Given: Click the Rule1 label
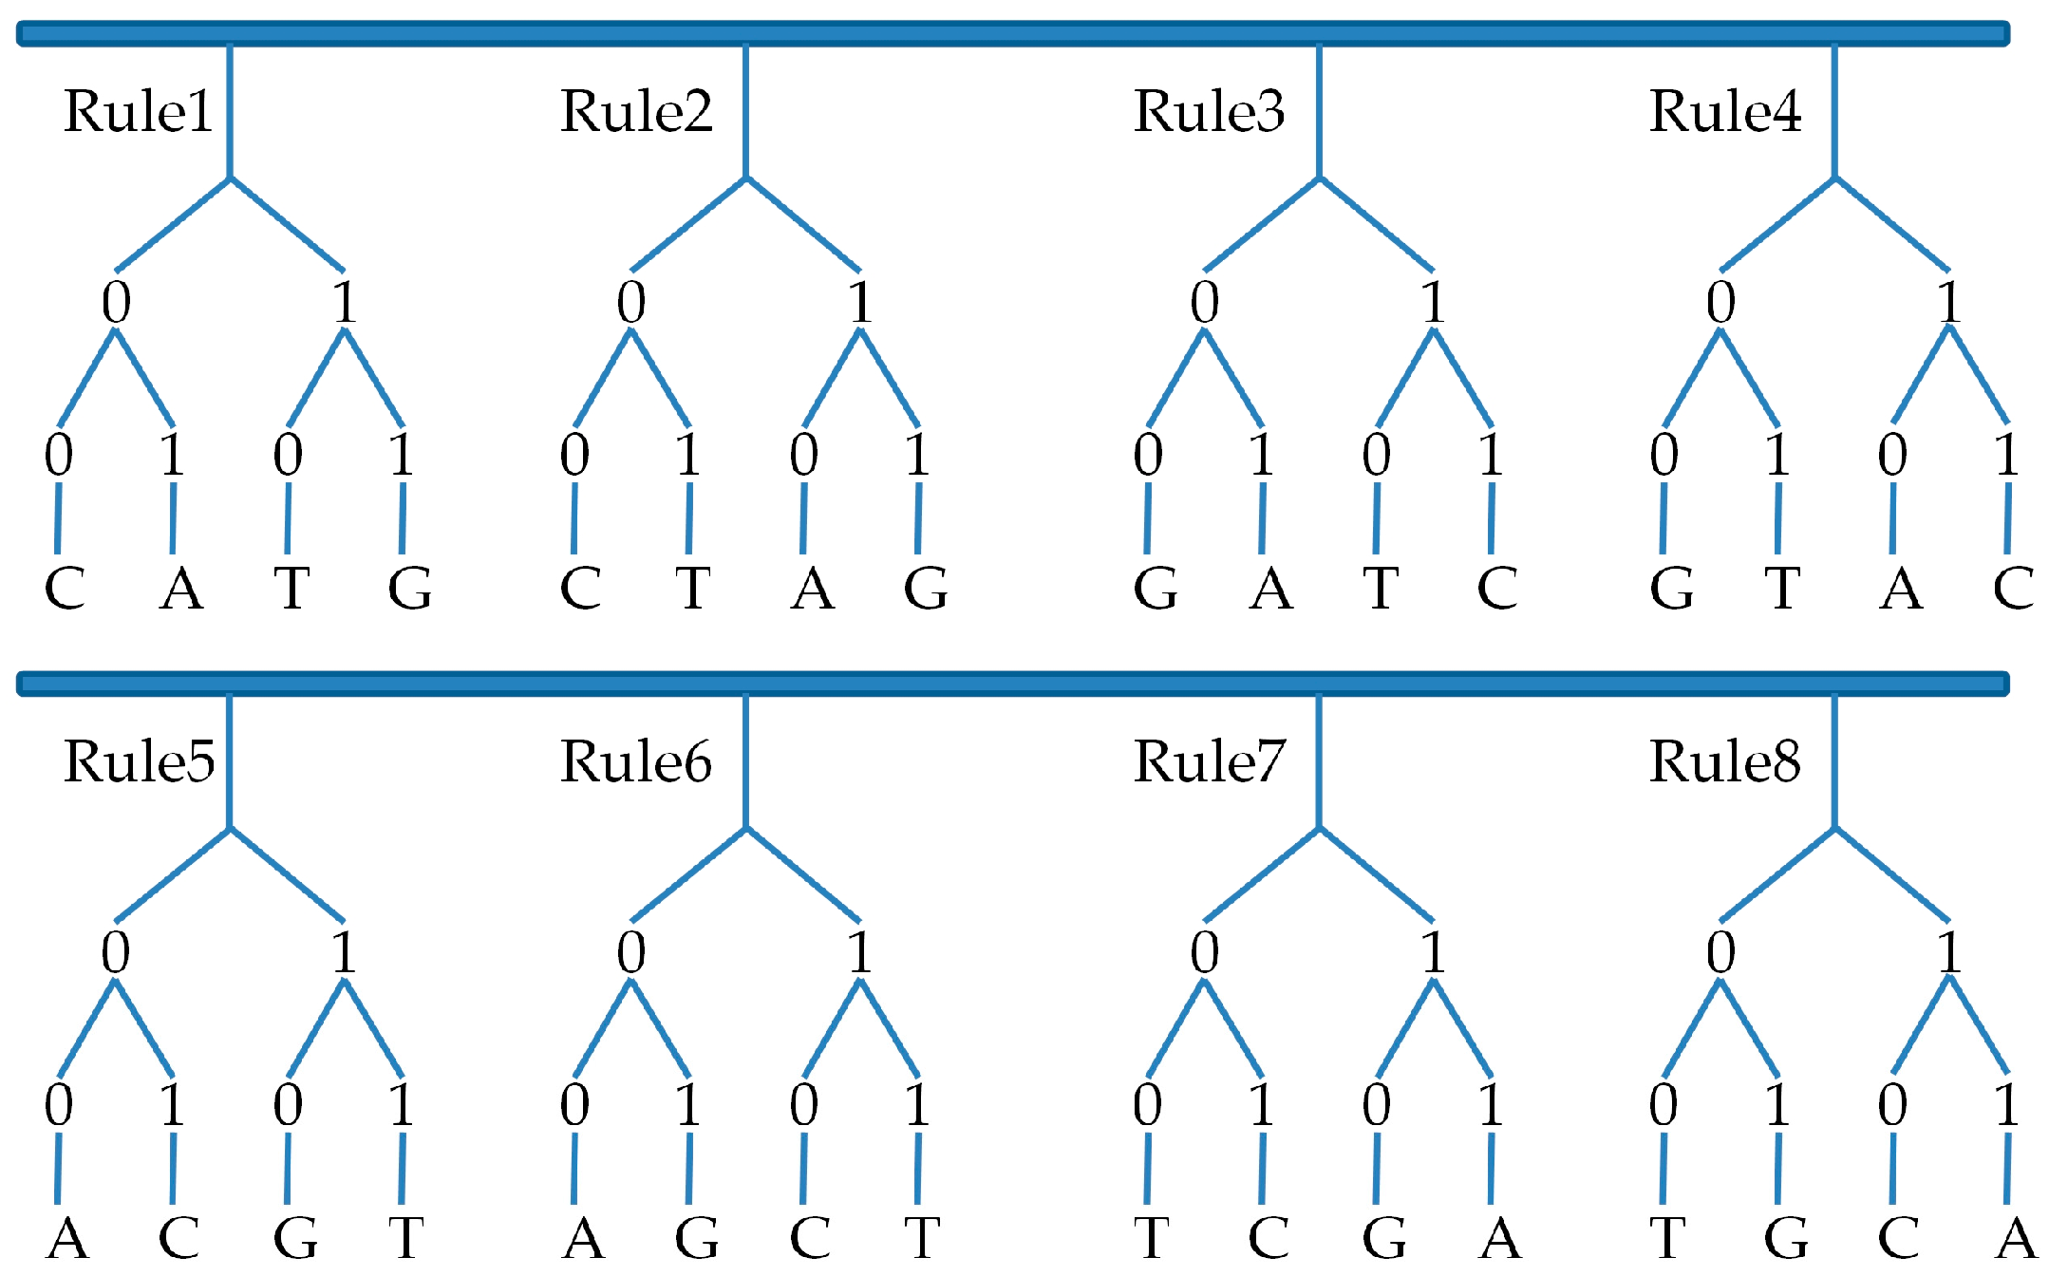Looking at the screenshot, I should coord(138,112).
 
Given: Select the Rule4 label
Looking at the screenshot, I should coord(1724,112).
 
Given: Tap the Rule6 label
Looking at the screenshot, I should coord(635,762).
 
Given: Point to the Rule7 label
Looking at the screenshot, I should coord(1209,762).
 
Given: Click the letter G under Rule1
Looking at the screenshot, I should coord(410,589).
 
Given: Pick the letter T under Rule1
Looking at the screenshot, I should coord(291,589).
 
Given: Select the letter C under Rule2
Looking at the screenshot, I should coord(580,589).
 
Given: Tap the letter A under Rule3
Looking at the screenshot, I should coord(1271,589).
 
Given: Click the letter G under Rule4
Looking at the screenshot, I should coord(1671,589).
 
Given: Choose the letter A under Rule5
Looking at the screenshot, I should coord(67,1238).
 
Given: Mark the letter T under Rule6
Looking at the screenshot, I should coord(922,1238).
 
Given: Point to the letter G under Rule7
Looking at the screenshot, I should coord(1384,1238).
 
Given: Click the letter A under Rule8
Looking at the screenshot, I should coord(2016,1238).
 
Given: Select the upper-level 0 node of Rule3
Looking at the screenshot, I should coord(1205,303).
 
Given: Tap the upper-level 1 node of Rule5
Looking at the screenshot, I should coord(345,952).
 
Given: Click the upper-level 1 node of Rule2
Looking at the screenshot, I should coord(860,303).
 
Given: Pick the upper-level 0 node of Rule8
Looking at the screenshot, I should coord(1720,952).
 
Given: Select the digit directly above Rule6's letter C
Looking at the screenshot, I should coord(803,1104).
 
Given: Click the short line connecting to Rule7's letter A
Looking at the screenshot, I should coord(1491,1168).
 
